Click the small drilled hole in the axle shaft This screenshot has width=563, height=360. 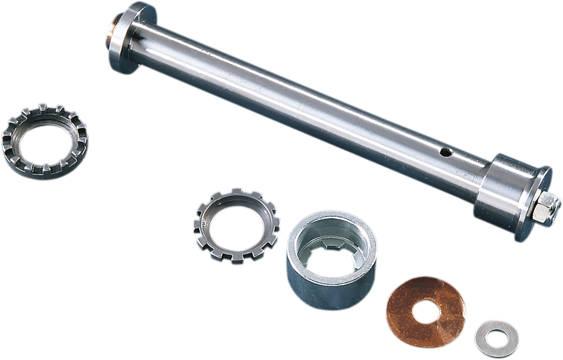(447, 153)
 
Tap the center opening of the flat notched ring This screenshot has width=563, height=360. (236, 226)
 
